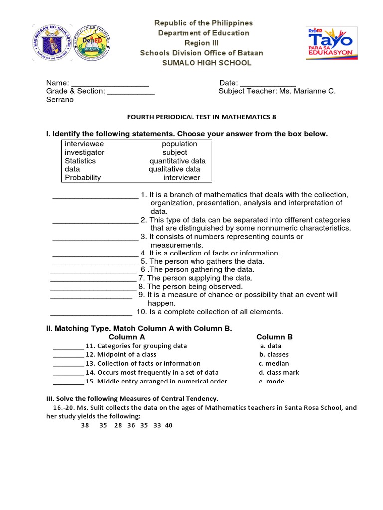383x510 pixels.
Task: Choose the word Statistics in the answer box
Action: click(x=80, y=161)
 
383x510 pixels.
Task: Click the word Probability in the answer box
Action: click(x=83, y=177)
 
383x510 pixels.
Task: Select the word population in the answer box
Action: click(x=180, y=144)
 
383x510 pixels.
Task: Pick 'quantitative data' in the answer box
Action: click(x=178, y=161)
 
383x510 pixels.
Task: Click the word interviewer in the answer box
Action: click(x=182, y=177)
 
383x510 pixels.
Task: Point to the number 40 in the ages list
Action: click(x=168, y=426)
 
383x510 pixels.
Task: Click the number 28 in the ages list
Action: click(x=118, y=426)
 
